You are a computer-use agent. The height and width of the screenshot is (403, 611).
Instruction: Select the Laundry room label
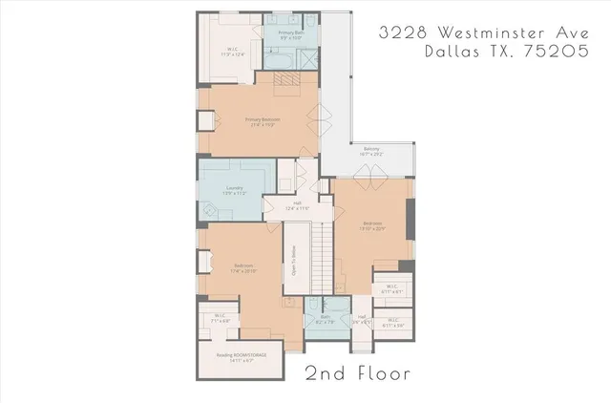click(235, 190)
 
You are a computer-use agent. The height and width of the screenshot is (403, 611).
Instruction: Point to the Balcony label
click(370, 151)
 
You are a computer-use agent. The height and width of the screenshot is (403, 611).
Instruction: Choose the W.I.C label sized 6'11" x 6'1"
click(392, 287)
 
